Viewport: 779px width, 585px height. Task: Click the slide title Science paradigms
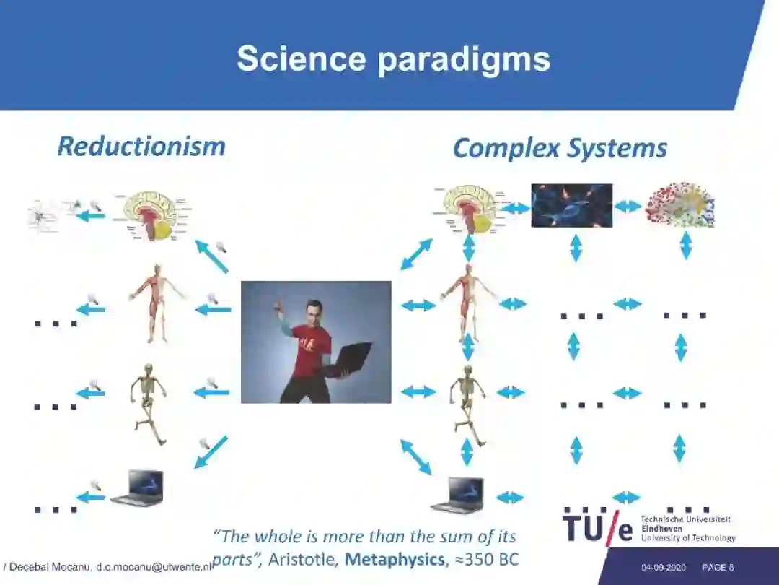click(393, 58)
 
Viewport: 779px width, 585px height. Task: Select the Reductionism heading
click(141, 147)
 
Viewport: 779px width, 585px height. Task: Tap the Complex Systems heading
click(560, 149)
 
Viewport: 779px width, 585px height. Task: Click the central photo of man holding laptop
click(316, 342)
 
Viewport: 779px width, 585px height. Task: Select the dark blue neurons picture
click(571, 206)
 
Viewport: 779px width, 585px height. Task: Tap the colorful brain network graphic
click(679, 205)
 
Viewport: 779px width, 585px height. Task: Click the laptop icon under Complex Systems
click(457, 495)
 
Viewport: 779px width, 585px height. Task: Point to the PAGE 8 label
click(718, 568)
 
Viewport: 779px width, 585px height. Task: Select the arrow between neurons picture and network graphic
click(628, 207)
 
